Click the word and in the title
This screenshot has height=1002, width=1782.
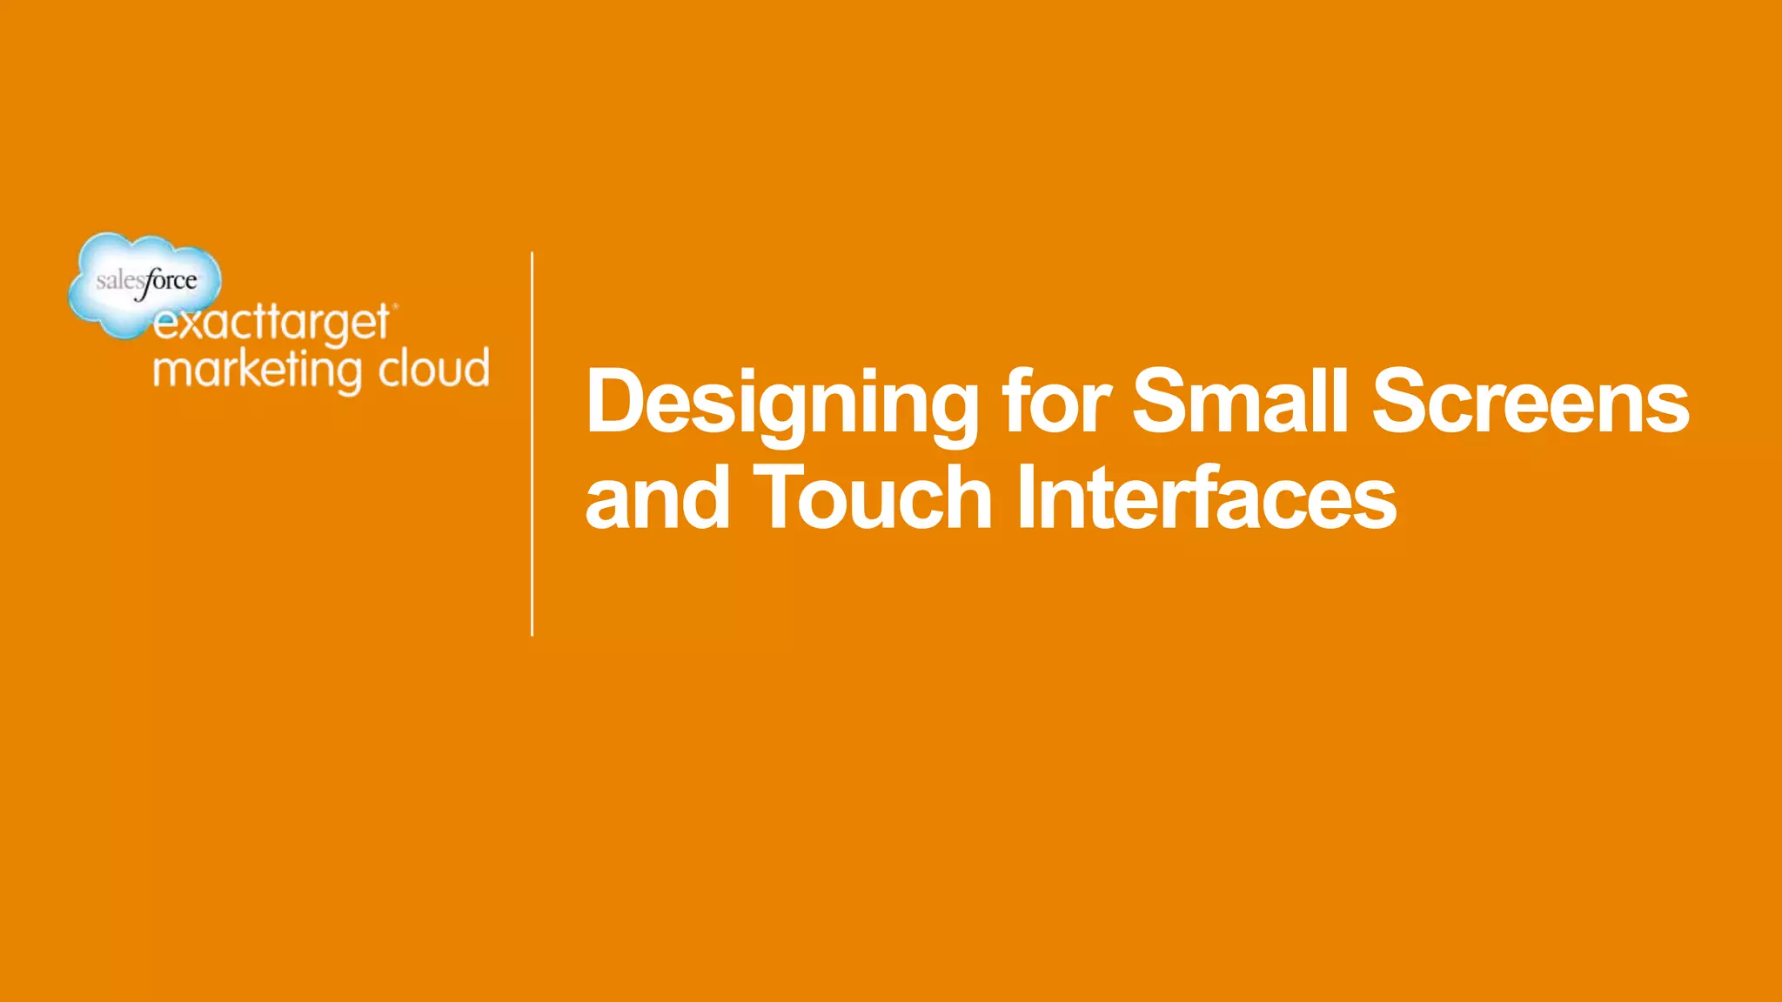[x=657, y=498]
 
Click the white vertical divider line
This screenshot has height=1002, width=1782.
[x=532, y=444]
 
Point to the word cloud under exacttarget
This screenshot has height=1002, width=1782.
[x=434, y=369]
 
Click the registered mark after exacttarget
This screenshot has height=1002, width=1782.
[x=396, y=306]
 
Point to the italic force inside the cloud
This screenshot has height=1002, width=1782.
[x=171, y=281]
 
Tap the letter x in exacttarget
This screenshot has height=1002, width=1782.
[x=194, y=325]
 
